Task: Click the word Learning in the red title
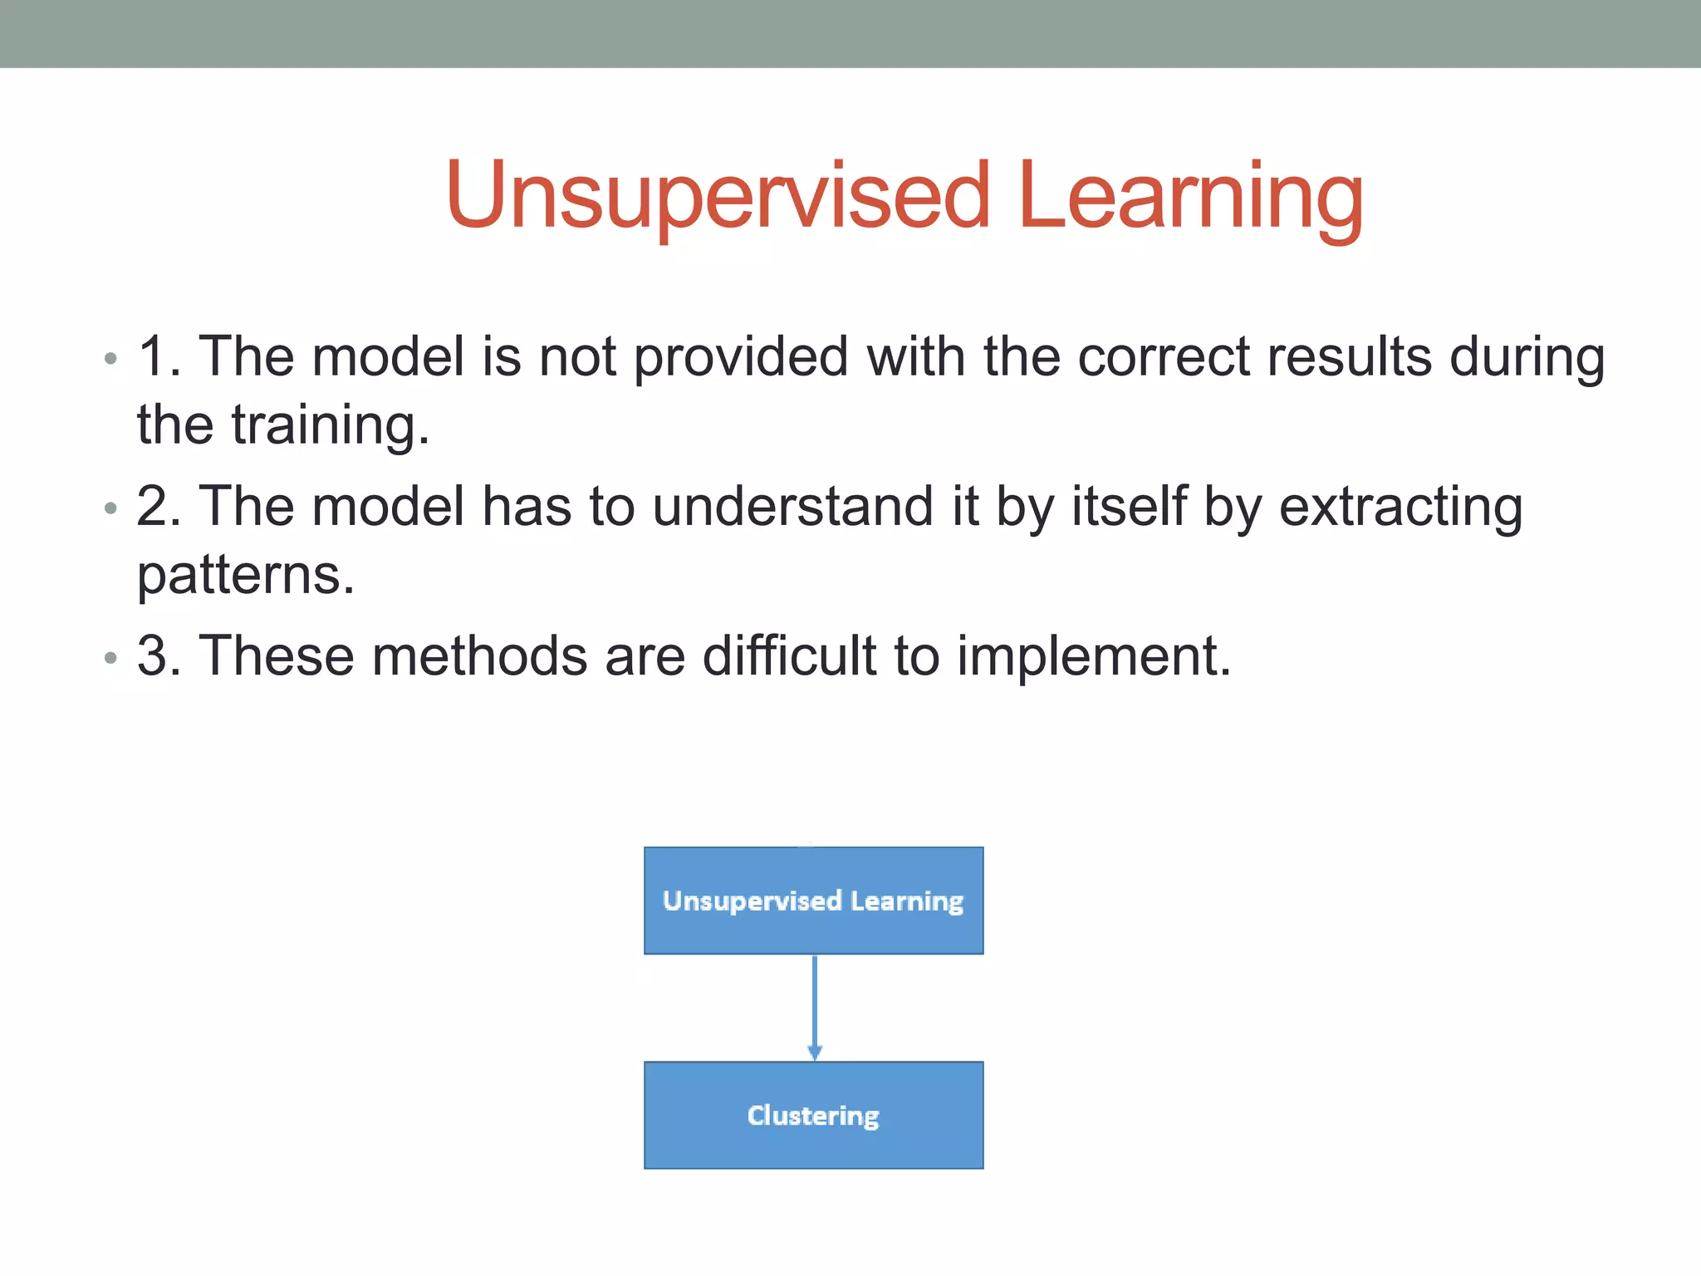(x=1189, y=197)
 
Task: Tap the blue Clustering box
(x=813, y=1115)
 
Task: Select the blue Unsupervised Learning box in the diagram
(x=813, y=901)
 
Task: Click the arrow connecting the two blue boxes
(x=814, y=1007)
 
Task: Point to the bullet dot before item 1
(x=110, y=360)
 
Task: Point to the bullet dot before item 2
(x=110, y=508)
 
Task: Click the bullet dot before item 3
(x=110, y=659)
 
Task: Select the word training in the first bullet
(x=330, y=425)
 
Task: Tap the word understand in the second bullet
(x=792, y=506)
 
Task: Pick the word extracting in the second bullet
(x=1400, y=506)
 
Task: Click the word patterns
(x=246, y=575)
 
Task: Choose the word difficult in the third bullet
(x=789, y=655)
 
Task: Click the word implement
(x=1093, y=656)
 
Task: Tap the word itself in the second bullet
(x=1129, y=506)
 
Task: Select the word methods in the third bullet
(x=479, y=655)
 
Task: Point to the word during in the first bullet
(x=1527, y=357)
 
